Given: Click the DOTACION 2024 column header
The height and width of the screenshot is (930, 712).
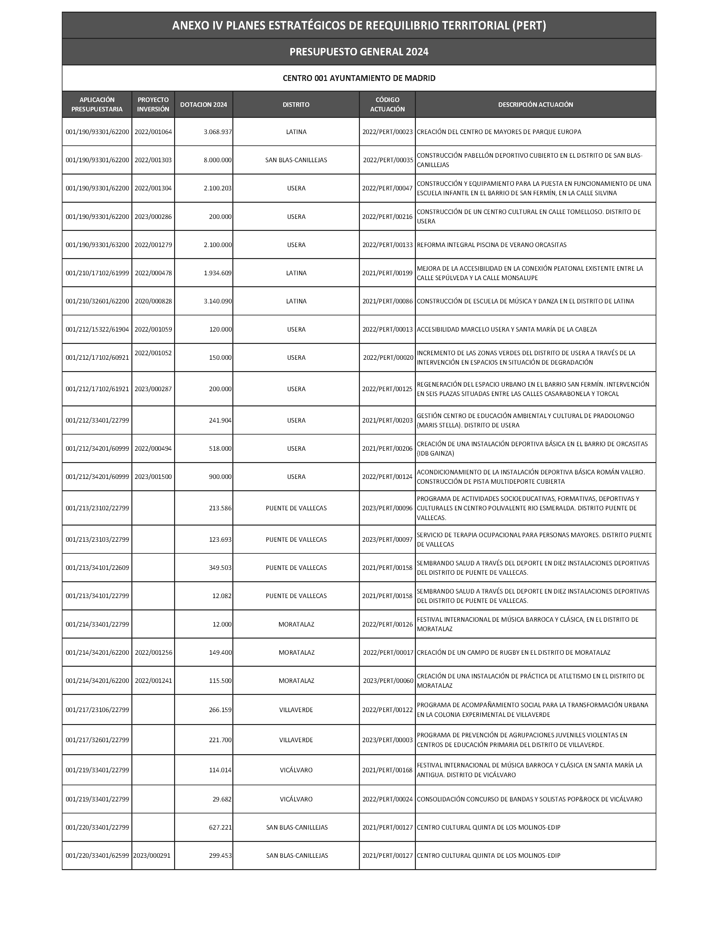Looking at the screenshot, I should [x=204, y=104].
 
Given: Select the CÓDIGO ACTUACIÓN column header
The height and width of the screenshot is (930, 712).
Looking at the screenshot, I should [x=387, y=104].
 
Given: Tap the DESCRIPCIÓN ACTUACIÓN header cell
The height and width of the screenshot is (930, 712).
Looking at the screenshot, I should [x=535, y=104].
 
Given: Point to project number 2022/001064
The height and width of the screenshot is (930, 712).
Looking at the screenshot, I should [x=153, y=132].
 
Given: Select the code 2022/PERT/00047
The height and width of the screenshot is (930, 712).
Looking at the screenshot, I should [x=387, y=188].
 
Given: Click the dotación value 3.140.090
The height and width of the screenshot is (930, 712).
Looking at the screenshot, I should [x=217, y=301].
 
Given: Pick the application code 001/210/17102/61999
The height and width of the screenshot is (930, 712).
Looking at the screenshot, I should [x=97, y=273].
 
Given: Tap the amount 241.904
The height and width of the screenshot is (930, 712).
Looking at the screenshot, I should [x=220, y=420].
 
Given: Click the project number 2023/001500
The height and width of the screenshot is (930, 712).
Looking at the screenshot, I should [x=153, y=477].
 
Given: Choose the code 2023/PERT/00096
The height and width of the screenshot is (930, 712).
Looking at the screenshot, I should [x=387, y=508].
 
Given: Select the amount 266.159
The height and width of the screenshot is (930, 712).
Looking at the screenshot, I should [x=220, y=710].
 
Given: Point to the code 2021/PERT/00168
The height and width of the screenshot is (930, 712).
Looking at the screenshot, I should [x=387, y=770].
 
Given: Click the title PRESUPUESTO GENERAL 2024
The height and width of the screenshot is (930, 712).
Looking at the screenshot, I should [x=359, y=52].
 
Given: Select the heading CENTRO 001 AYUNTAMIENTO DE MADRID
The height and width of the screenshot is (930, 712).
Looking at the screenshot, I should [x=359, y=78].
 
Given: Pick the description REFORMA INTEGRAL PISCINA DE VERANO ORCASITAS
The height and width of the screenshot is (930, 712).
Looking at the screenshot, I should [x=492, y=245].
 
